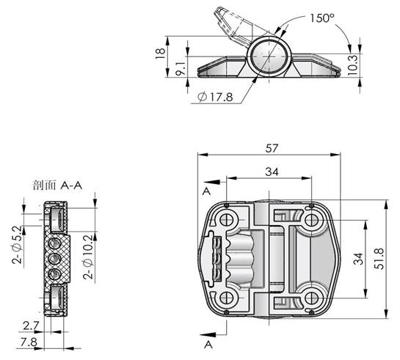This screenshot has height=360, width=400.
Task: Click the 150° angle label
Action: pos(322,18)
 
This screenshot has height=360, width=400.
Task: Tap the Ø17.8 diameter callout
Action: pos(215,97)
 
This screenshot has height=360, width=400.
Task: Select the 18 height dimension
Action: pos(160,54)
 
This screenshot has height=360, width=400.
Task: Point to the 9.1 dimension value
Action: pos(181,69)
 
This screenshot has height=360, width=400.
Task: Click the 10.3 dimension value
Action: pos(353,65)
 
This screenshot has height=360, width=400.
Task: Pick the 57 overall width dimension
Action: pos(272,148)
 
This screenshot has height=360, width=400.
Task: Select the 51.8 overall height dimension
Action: pos(379,259)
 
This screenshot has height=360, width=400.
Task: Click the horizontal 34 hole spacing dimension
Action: pos(272,172)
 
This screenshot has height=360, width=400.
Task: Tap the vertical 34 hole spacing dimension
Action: pos(358,259)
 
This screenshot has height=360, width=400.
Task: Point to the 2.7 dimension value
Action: pos(31,326)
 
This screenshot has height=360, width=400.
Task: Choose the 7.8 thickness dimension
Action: pos(29,342)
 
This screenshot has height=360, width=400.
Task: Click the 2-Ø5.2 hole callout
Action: pos(17,245)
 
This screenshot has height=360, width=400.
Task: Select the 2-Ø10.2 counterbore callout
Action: pos(88,257)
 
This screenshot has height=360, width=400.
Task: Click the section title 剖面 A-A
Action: pos(57,185)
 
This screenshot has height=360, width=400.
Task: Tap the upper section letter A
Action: pos(206,191)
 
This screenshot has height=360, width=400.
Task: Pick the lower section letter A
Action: pos(208,345)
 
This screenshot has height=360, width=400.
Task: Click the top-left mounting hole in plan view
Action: pos(226,220)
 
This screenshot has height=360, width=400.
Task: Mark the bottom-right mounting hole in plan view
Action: pos(311,298)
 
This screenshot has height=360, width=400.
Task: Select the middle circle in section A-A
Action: pos(54,259)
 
